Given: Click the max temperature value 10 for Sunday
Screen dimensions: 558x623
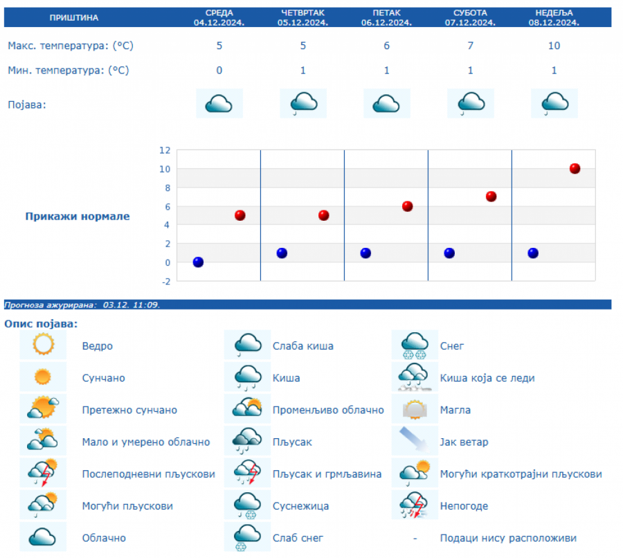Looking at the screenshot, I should [553, 46].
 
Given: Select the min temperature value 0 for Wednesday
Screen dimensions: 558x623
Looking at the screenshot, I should [219, 70].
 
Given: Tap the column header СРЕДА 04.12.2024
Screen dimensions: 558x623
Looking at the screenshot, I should [219, 17].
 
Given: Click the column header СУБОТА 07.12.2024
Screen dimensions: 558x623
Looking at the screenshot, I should [470, 17].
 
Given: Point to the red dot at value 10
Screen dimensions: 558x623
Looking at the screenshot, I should [575, 168].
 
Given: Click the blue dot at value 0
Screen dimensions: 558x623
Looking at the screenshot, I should [198, 262].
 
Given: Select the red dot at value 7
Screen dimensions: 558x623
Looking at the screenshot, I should [491, 197].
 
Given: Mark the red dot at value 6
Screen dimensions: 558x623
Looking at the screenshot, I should [407, 206].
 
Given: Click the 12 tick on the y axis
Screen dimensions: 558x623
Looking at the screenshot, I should [165, 150].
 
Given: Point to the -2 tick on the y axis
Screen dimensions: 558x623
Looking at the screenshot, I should [165, 280].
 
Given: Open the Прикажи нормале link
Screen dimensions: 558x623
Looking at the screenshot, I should [78, 216].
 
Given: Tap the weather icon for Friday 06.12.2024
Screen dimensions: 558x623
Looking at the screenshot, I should [386, 104].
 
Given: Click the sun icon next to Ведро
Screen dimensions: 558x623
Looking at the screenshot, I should [43, 345].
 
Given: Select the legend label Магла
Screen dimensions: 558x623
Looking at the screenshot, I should [455, 410].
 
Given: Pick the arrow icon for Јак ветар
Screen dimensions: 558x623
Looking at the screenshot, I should [415, 441].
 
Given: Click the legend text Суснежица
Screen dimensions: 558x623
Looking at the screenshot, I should [300, 506].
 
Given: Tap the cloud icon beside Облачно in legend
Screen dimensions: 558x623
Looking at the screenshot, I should [43, 537].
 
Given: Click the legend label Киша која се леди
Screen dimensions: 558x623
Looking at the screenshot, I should [487, 378].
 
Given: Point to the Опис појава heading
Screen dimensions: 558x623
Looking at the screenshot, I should [41, 323].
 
